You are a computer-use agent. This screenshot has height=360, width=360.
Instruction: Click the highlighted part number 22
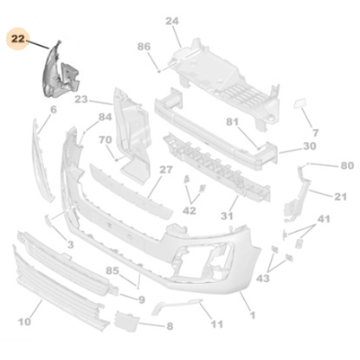pos(16,37)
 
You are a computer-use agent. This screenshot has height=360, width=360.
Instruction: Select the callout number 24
pos(171,20)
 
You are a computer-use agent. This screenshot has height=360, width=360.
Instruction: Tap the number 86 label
pos(144,47)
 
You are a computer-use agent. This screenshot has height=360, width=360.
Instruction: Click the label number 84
pos(106,117)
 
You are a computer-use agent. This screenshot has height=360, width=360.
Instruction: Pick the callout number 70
pos(105,139)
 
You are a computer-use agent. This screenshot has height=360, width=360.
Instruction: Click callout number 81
pos(232,122)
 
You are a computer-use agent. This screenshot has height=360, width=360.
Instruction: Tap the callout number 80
pos(346,165)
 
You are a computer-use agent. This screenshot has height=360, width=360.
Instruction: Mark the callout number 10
pos(25,323)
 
